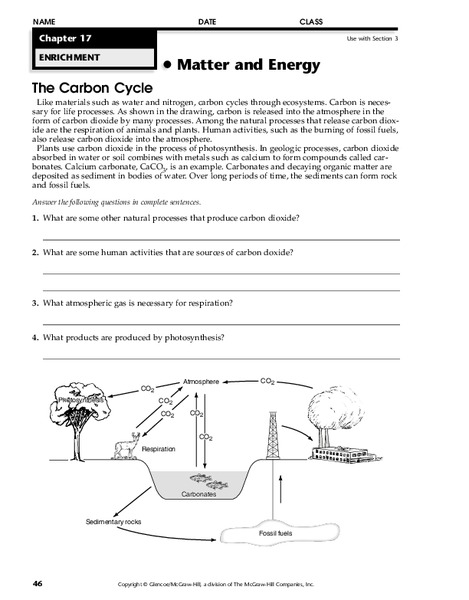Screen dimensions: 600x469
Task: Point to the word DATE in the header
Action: (206, 20)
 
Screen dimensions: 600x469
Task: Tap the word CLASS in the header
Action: (311, 20)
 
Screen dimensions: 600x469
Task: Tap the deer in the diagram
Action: (126, 442)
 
